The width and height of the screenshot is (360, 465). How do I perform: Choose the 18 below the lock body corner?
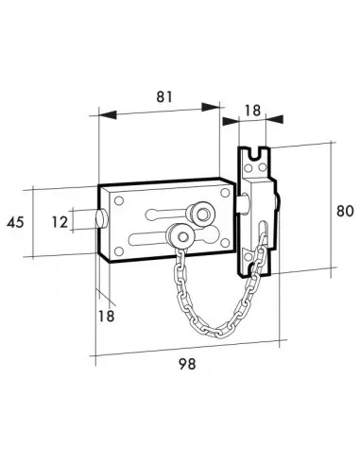pyautogui.click(x=106, y=316)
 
